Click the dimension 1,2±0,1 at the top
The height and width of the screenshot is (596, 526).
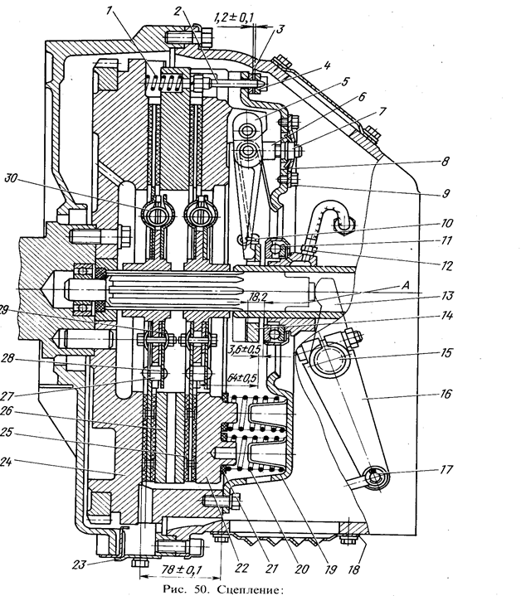[x=232, y=16]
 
